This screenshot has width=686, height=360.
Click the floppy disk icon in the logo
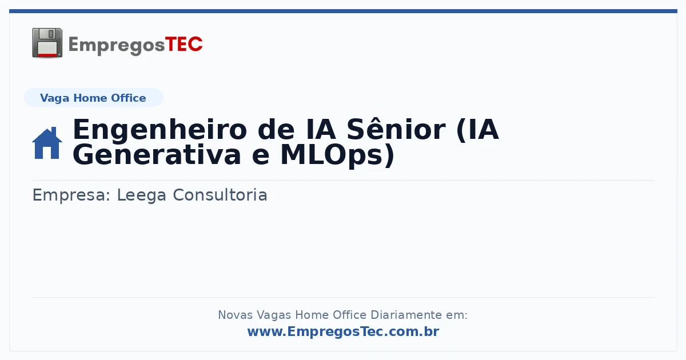[47, 43]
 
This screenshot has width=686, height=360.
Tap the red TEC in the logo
[184, 45]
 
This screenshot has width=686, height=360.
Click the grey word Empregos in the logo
[117, 46]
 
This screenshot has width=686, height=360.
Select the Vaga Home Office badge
[93, 98]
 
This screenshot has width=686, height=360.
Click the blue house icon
[47, 143]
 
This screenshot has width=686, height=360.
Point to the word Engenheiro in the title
[160, 130]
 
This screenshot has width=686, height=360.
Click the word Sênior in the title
[396, 129]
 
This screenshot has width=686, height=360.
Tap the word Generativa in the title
[157, 155]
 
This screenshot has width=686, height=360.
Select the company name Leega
[142, 195]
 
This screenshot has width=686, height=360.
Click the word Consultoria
[220, 195]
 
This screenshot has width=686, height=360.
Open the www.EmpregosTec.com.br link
[343, 331]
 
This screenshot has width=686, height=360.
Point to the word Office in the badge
[128, 98]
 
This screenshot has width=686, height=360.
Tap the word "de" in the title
[276, 130]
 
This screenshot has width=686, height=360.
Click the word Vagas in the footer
[274, 315]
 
